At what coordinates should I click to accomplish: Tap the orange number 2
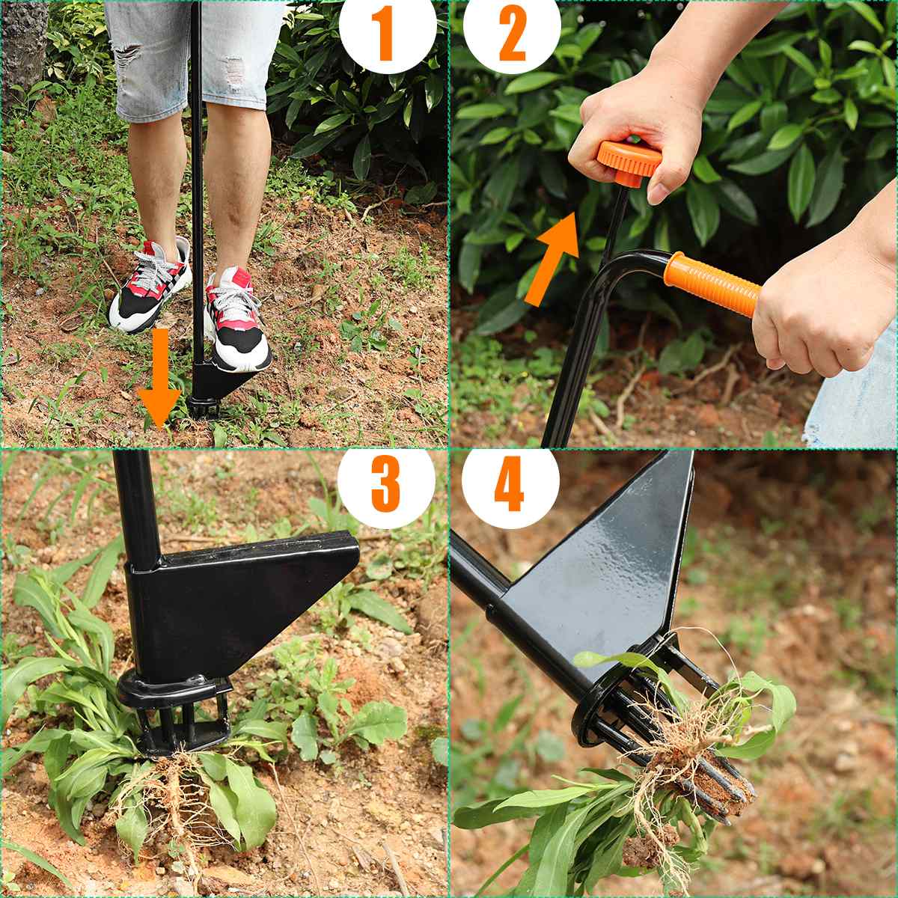512,34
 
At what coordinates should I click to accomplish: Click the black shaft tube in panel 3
138,509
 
